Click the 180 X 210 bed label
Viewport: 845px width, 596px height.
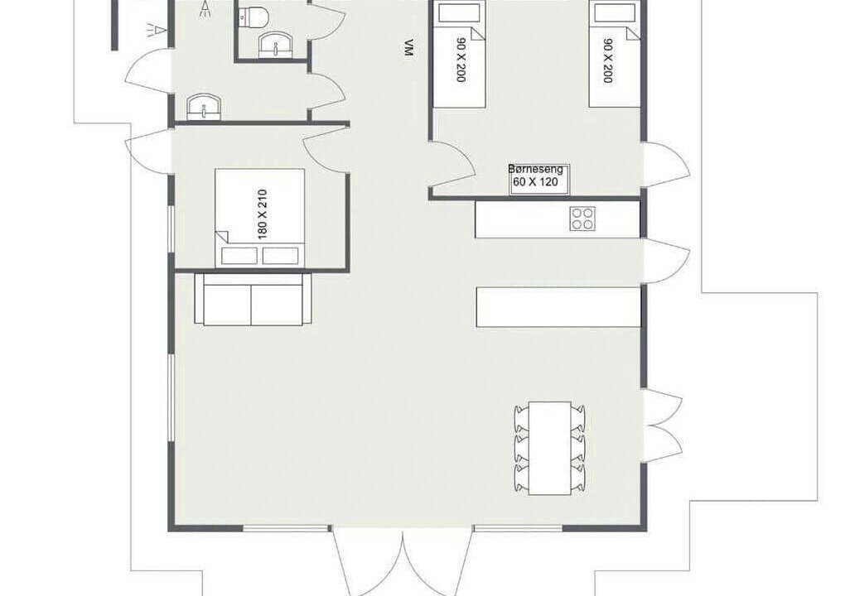(x=263, y=214)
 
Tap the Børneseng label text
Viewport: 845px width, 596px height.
(x=535, y=169)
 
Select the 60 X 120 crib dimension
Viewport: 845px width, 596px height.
(x=535, y=182)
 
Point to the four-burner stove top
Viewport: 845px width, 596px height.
(x=582, y=219)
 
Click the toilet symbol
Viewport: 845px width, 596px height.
(x=254, y=17)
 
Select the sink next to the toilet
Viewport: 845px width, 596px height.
(x=276, y=44)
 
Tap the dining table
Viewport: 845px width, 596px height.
(x=550, y=448)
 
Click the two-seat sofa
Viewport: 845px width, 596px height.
(x=253, y=300)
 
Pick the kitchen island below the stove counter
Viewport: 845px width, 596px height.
(x=558, y=307)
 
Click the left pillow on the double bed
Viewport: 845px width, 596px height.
(x=239, y=256)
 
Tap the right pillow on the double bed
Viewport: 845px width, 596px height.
(x=280, y=256)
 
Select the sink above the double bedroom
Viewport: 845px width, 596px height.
(x=204, y=107)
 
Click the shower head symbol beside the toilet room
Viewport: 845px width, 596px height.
(x=205, y=8)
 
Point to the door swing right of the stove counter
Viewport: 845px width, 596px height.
(x=667, y=261)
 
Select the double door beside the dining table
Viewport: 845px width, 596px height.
(x=663, y=425)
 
